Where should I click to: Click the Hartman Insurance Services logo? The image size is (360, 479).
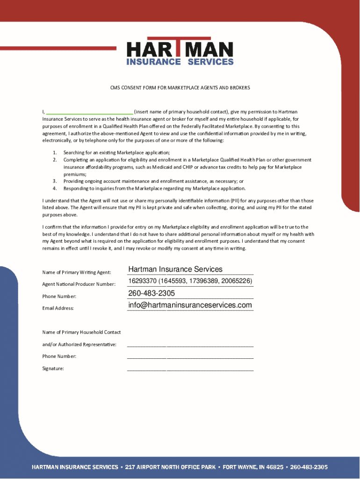(x=180, y=51)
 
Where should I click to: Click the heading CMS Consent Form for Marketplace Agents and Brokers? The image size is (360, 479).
(x=180, y=87)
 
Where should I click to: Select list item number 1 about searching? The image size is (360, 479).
(x=116, y=152)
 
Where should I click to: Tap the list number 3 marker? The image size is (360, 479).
(x=54, y=181)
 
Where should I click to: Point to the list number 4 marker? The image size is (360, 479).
(x=54, y=188)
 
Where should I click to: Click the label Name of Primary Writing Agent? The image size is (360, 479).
(x=77, y=272)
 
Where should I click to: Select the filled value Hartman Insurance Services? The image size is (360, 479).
(x=175, y=269)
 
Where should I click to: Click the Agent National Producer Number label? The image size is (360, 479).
(x=79, y=284)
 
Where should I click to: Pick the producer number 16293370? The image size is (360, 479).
(x=143, y=281)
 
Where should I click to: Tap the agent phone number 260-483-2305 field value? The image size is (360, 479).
(x=151, y=293)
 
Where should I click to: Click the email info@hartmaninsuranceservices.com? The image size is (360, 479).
(x=190, y=305)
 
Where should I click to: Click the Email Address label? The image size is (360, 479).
(x=58, y=308)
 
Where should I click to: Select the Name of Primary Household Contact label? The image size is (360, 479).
(x=81, y=332)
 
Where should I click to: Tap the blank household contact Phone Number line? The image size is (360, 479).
(x=190, y=357)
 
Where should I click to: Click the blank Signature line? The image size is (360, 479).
(x=190, y=370)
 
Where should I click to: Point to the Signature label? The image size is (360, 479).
(x=53, y=369)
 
